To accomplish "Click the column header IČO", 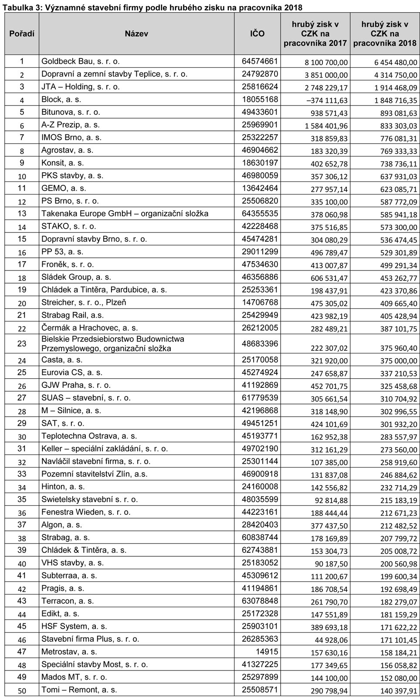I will (257, 34).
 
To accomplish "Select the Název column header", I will (136, 34).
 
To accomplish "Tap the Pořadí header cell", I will (22, 34).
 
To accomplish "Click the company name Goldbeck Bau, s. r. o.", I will (80, 62).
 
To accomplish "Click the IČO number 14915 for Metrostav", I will (268, 652).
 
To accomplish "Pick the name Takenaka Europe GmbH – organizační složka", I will (125, 214).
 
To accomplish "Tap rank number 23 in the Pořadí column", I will (22, 344).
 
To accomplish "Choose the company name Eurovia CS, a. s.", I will (72, 373).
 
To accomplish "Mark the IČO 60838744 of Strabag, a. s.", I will (260, 537).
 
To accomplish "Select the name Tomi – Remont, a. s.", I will (79, 690).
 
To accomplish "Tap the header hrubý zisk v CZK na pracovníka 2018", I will (385, 34).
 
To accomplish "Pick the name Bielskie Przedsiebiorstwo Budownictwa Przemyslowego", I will (112, 344).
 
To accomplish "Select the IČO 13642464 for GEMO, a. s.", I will (260, 188).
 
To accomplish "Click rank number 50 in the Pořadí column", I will (22, 690).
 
